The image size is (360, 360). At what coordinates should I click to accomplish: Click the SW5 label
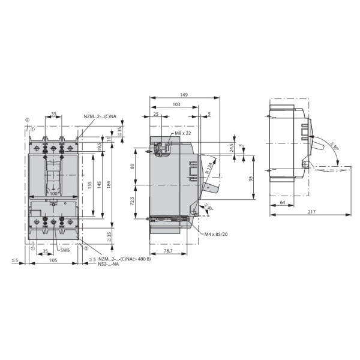pos(64,250)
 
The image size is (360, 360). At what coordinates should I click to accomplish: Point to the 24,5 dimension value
pos(232,146)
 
